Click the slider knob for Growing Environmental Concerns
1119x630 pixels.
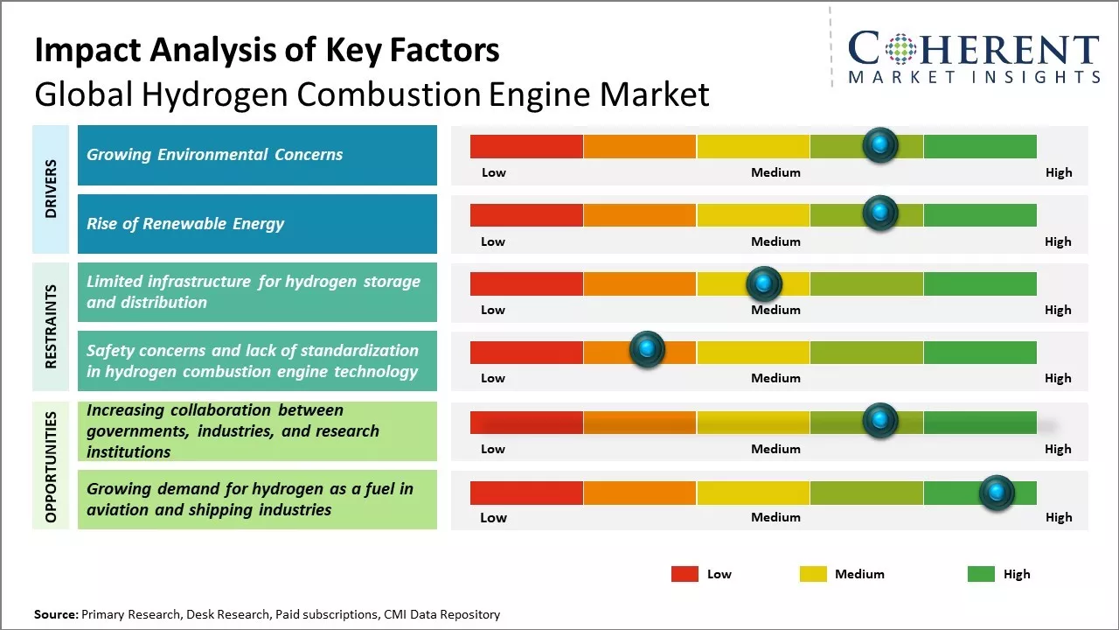[x=879, y=144]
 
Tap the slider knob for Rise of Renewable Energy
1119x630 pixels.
[x=879, y=213]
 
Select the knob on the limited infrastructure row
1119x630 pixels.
[x=764, y=283]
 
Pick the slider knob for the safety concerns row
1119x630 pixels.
[x=647, y=350]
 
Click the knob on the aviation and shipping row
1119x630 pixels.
[x=996, y=493]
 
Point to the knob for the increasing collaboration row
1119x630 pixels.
[x=879, y=421]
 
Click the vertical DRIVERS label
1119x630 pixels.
[x=51, y=189]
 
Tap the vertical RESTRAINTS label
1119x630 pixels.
[x=51, y=326]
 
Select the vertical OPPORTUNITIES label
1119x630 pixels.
[x=51, y=466]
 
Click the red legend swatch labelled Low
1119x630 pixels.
[x=685, y=574]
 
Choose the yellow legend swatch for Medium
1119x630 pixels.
[x=813, y=574]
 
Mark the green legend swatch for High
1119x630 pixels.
[x=981, y=574]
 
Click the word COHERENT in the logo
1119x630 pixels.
[x=973, y=50]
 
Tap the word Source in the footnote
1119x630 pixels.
[x=56, y=614]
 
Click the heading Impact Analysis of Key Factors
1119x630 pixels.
[x=267, y=51]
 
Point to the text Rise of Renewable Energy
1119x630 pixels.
[x=185, y=224]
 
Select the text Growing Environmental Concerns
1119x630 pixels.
[x=214, y=155]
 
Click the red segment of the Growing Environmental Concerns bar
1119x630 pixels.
[x=526, y=146]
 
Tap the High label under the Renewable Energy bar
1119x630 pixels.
[x=1058, y=241]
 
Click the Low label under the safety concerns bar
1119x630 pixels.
[x=493, y=378]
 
